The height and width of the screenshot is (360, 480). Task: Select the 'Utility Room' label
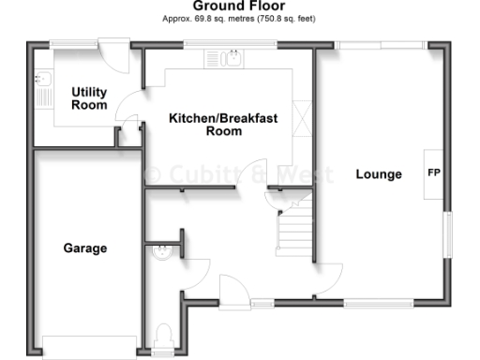point(89,98)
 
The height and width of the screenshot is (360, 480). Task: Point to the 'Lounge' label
point(379,174)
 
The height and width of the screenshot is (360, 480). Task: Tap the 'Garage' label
point(85,248)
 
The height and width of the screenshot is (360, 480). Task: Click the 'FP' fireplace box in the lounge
point(434,173)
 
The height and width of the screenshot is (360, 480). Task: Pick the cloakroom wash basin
point(161,250)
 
